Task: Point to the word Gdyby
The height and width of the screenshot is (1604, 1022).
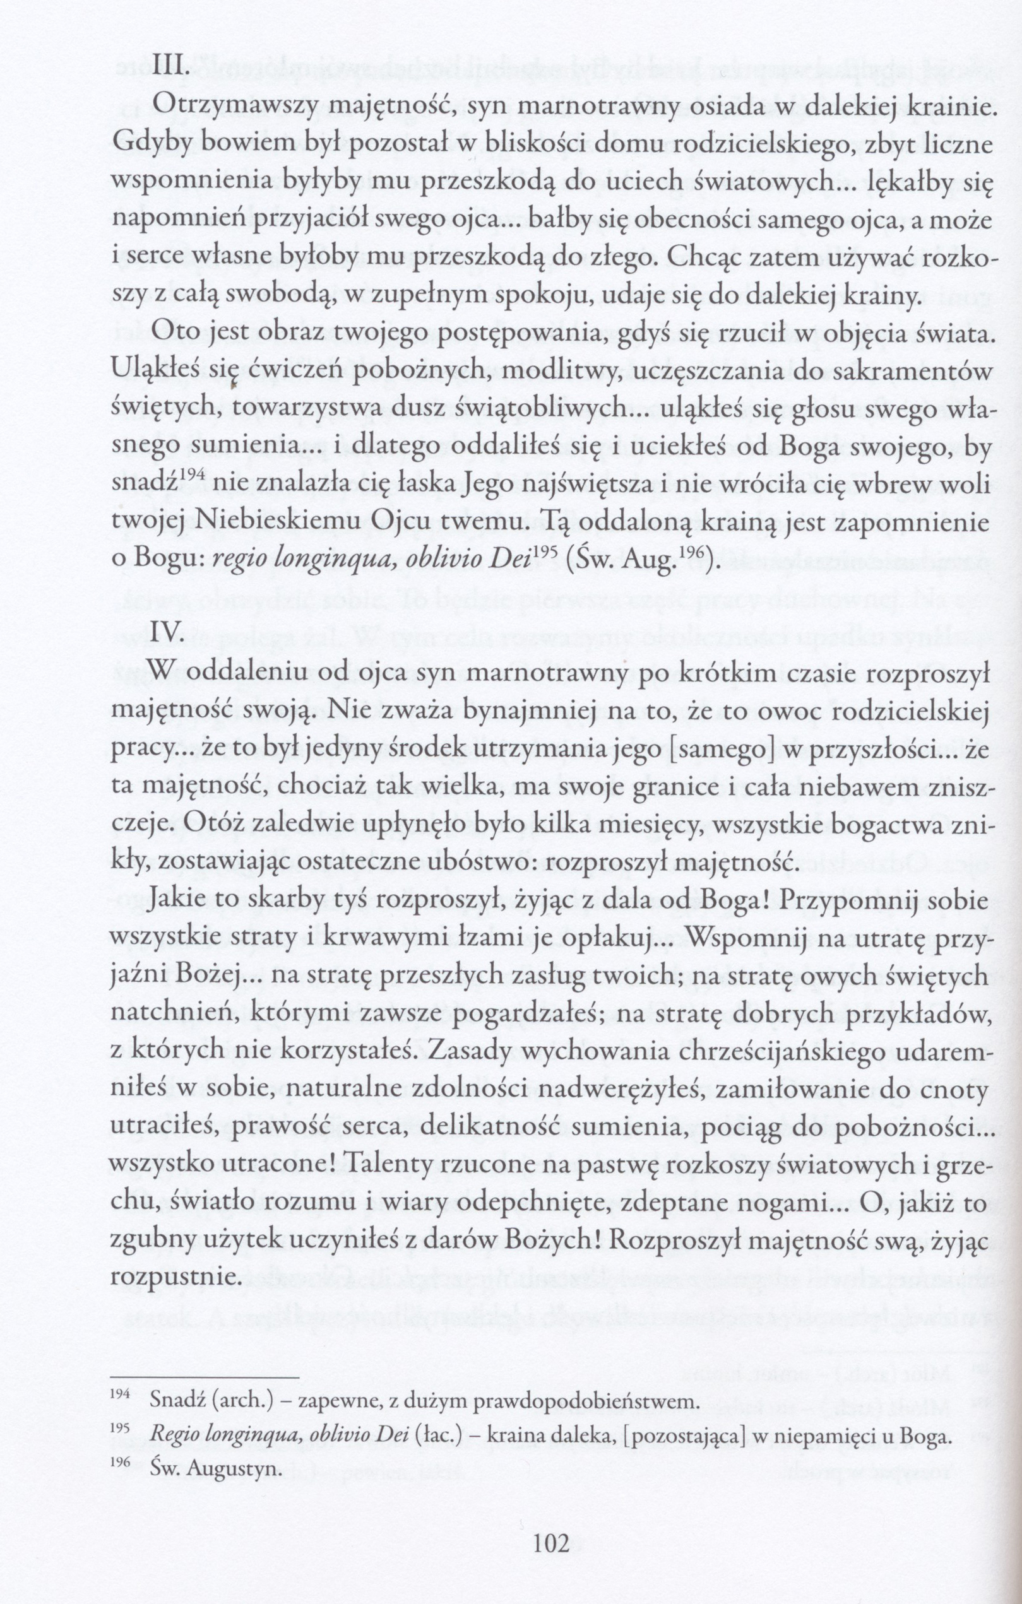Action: (143, 145)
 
